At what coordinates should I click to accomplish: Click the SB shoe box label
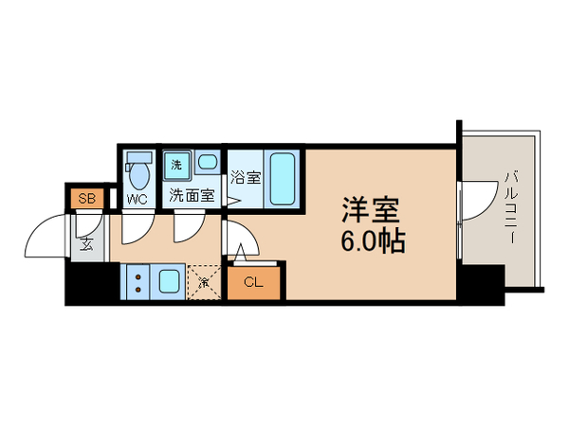[86, 199]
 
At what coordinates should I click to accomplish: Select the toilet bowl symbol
[138, 174]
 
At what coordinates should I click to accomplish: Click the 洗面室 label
[192, 197]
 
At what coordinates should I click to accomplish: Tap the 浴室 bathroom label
[245, 175]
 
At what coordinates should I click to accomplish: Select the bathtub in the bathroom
[283, 176]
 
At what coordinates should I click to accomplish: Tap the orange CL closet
[254, 281]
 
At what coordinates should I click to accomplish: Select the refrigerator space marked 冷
[203, 282]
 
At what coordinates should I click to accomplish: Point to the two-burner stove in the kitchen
[137, 281]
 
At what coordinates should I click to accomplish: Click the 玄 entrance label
[86, 244]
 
